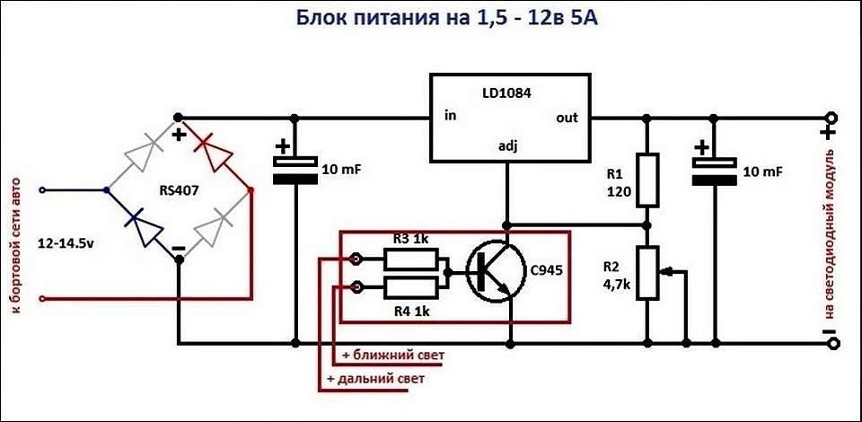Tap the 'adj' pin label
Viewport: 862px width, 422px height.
[508, 145]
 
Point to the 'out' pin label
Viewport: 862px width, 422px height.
[567, 118]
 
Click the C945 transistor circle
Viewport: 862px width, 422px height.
[493, 272]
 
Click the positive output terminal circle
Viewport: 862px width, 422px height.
[831, 118]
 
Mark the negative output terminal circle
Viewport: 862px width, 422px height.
[831, 342]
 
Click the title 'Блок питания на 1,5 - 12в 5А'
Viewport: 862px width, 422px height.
[446, 20]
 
